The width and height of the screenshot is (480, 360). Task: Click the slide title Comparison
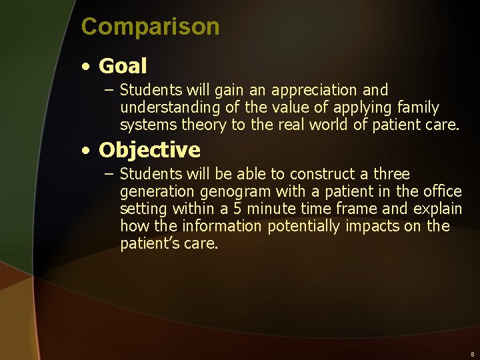[x=150, y=27]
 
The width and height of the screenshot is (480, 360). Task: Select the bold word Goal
[x=123, y=66]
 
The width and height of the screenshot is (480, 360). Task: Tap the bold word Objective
[x=149, y=150]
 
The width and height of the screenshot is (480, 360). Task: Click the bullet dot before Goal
[x=86, y=67]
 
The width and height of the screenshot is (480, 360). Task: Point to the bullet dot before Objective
[x=86, y=151]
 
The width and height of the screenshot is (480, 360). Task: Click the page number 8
[x=472, y=355]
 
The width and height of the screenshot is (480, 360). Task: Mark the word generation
[x=155, y=192]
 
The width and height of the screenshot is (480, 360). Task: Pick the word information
[x=223, y=227]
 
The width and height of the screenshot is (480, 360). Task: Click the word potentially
[x=304, y=227]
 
